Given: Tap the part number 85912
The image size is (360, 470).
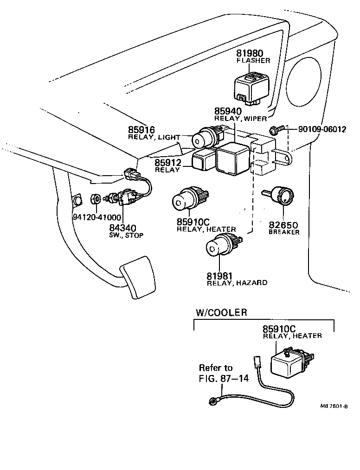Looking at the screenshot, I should click(x=167, y=163).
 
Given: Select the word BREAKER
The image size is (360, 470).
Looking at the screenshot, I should click(x=284, y=232).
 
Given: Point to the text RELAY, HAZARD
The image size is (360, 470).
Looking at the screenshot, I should click(x=237, y=283).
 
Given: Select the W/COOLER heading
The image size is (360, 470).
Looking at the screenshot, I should click(x=220, y=312).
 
